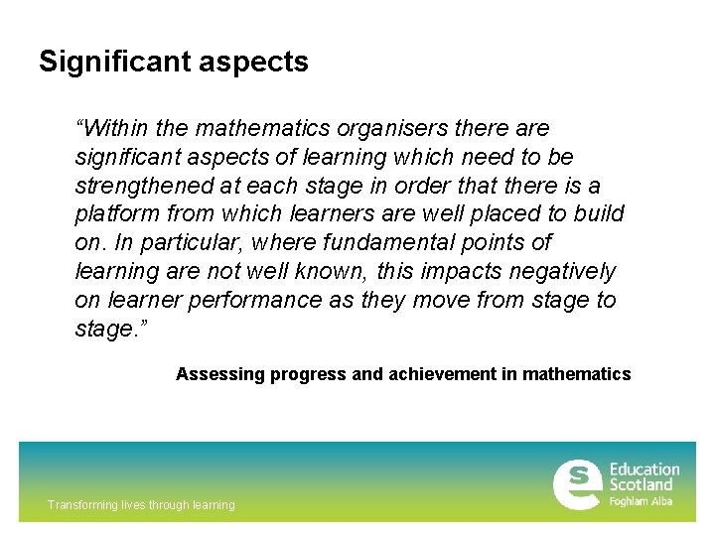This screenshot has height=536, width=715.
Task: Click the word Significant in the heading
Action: point(112,63)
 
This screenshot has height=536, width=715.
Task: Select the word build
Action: point(599,214)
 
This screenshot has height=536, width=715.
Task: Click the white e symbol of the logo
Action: point(577,484)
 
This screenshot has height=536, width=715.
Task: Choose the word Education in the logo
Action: point(644,469)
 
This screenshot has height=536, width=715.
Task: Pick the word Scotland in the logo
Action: point(642,485)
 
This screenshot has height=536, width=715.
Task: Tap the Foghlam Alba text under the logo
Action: point(641,502)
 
